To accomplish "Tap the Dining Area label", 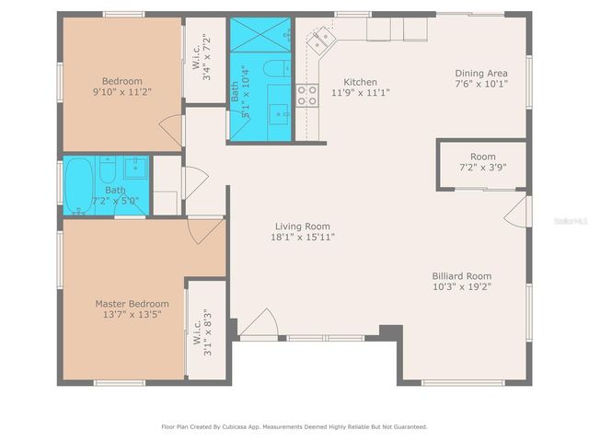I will [x=481, y=74].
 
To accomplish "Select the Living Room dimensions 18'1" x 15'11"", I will [x=303, y=238].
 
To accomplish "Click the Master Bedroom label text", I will [x=132, y=303].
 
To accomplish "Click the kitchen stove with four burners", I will [x=306, y=95].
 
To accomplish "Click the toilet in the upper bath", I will [x=275, y=69].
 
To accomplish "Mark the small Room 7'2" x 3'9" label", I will [x=482, y=162].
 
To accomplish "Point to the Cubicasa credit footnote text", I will [x=294, y=426].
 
